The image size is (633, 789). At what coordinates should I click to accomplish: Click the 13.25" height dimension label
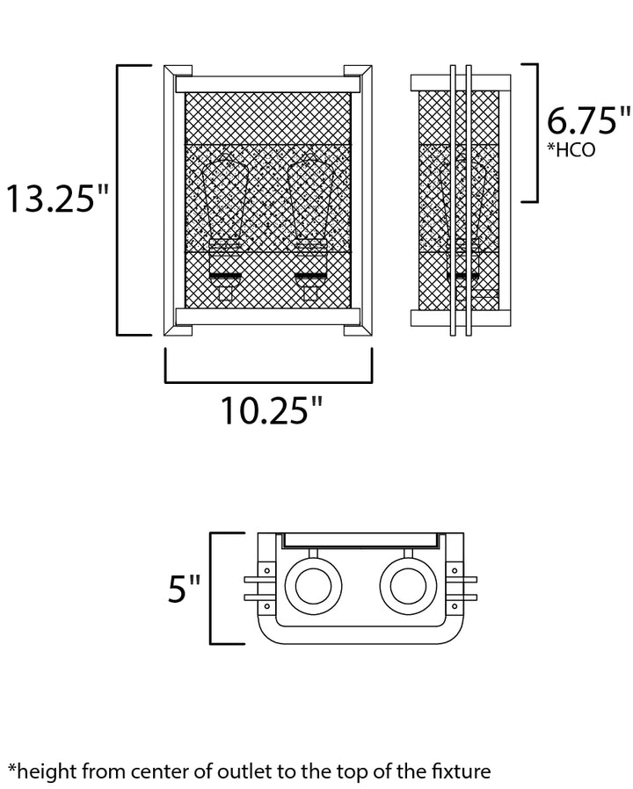(57, 199)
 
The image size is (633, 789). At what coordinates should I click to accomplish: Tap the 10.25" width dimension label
(271, 410)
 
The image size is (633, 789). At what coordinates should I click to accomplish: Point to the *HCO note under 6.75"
(571, 149)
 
